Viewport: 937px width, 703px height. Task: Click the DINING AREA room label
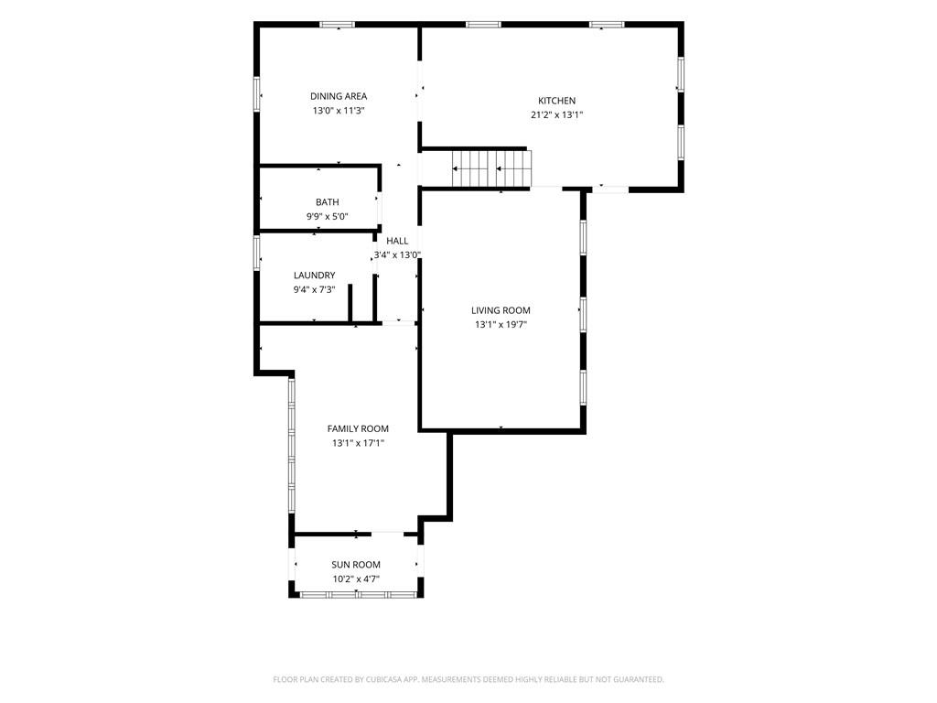(339, 96)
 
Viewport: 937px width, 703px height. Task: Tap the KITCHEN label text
(557, 101)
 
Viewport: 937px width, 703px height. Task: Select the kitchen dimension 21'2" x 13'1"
(557, 115)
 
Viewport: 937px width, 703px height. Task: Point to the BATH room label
(328, 202)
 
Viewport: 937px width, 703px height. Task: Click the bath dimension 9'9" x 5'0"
(328, 217)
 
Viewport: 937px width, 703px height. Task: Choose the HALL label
(397, 241)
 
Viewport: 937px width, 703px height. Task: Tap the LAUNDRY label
(315, 276)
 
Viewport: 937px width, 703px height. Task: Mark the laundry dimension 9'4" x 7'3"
(315, 290)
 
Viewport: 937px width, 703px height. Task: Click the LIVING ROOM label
(501, 310)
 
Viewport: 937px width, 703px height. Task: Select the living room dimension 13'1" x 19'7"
(501, 325)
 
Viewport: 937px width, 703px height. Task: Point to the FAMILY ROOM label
(358, 428)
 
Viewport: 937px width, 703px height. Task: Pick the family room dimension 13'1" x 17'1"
(358, 443)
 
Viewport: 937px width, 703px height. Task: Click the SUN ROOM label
(356, 565)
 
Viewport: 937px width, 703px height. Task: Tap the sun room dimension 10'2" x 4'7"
(356, 579)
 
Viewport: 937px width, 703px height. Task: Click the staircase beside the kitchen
(491, 168)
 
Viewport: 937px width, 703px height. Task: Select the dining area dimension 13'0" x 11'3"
(339, 111)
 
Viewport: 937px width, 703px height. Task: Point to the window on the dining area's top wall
(337, 25)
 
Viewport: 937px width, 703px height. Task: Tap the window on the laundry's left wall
(257, 253)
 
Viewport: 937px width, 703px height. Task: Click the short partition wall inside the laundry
(350, 304)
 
